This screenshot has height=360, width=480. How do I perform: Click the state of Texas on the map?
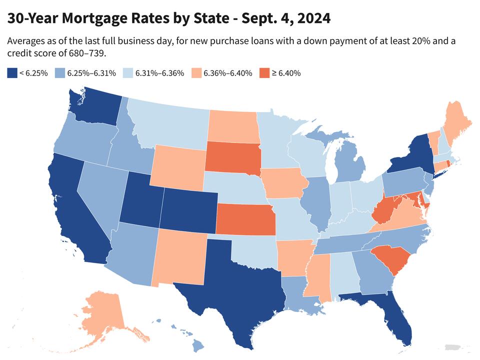point(235,285)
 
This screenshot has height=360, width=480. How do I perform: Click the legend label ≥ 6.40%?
point(286,73)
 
